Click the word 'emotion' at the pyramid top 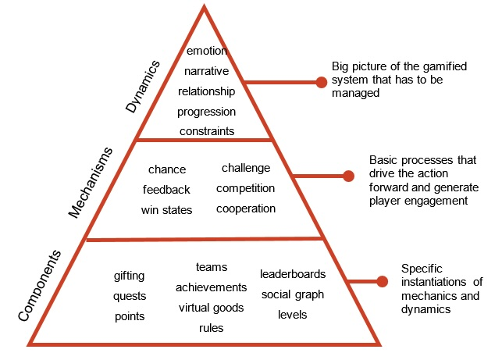207,52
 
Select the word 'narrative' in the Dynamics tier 207,71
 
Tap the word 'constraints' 207,130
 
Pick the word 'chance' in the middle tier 166,169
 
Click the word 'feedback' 166,189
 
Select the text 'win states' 166,209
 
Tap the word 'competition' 245,188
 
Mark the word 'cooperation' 245,209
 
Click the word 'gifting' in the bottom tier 129,276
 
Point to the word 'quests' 129,295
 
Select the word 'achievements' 211,287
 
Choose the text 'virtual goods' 211,307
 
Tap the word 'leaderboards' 293,274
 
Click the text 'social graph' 293,294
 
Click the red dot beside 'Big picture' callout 321,82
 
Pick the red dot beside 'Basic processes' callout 348,176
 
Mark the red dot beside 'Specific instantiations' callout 382,281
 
